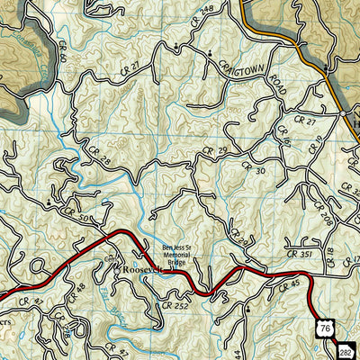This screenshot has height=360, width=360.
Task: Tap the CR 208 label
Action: pyautogui.click(x=325, y=216)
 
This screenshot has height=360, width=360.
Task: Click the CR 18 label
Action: pyautogui.click(x=329, y=255)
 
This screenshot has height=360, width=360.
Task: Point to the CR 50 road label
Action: pyautogui.click(x=75, y=214)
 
